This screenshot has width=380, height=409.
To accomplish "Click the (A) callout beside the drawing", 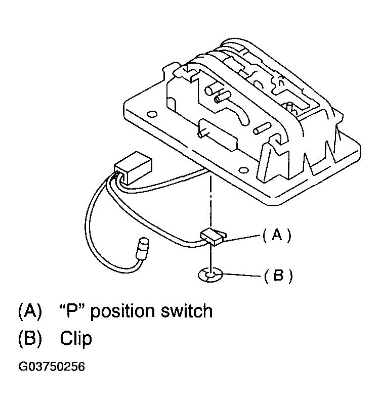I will (277, 235).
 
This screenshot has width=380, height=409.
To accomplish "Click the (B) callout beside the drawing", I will (278, 276).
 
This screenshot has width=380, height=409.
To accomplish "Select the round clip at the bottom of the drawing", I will (209, 275).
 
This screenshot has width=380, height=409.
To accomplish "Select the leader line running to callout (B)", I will (241, 276).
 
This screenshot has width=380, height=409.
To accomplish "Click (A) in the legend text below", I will (29, 310).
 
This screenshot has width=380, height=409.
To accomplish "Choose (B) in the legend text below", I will (29, 338).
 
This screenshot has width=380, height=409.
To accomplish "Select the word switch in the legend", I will (189, 310).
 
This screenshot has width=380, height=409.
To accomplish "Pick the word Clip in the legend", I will (76, 338).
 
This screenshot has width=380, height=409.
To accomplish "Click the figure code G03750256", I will (51, 367).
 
